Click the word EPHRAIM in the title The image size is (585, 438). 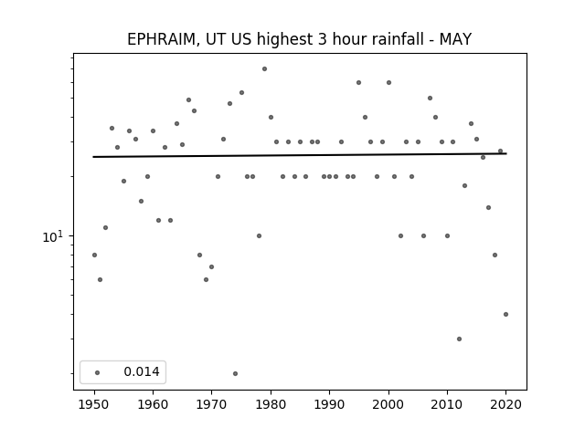pos(161,39)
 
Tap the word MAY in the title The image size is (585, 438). pos(455,39)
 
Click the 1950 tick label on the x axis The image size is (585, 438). pos(94,404)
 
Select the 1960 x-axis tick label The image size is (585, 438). pos(153,404)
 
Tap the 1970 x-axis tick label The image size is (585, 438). pos(211,404)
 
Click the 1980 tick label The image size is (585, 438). pos(271,404)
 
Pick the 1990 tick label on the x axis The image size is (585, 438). pos(329,404)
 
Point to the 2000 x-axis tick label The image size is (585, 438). pos(388,404)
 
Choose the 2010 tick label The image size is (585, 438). pos(447,404)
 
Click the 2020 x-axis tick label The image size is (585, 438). pos(505,404)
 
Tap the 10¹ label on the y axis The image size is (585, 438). pos(53,236)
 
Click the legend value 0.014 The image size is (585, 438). pos(142,371)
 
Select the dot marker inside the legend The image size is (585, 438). pos(98,372)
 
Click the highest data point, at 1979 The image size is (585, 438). pos(264,69)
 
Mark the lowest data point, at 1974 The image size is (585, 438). pos(235,373)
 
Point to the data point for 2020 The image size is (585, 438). pos(505,314)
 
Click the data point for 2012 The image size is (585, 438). pos(459,339)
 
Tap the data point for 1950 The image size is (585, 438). pos(94,255)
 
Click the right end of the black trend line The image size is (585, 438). pos(506,153)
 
